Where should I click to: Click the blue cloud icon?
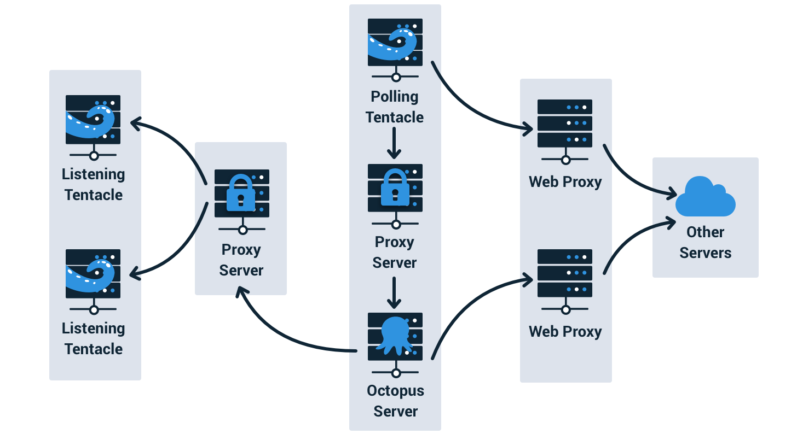point(705,197)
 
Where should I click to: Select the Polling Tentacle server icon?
point(395,50)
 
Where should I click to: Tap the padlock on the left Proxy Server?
point(241,193)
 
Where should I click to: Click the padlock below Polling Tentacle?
point(395,187)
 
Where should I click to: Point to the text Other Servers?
point(705,242)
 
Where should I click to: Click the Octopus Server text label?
point(395,401)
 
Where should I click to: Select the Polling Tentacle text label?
point(395,107)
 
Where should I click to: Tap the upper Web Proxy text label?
point(565,182)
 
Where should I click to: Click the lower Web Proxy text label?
point(565,332)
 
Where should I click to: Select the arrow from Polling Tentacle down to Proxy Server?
point(394,143)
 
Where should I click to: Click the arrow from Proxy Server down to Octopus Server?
point(394,293)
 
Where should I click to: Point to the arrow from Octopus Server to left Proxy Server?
point(281,335)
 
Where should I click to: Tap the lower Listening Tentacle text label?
point(93,338)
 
